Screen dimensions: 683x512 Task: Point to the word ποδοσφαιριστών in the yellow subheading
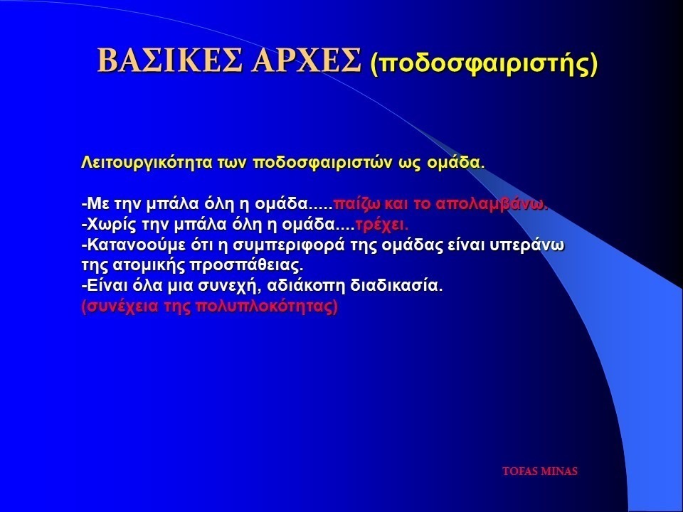point(323,163)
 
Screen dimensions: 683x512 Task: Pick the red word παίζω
point(357,204)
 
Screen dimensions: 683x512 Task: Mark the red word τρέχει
point(382,225)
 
